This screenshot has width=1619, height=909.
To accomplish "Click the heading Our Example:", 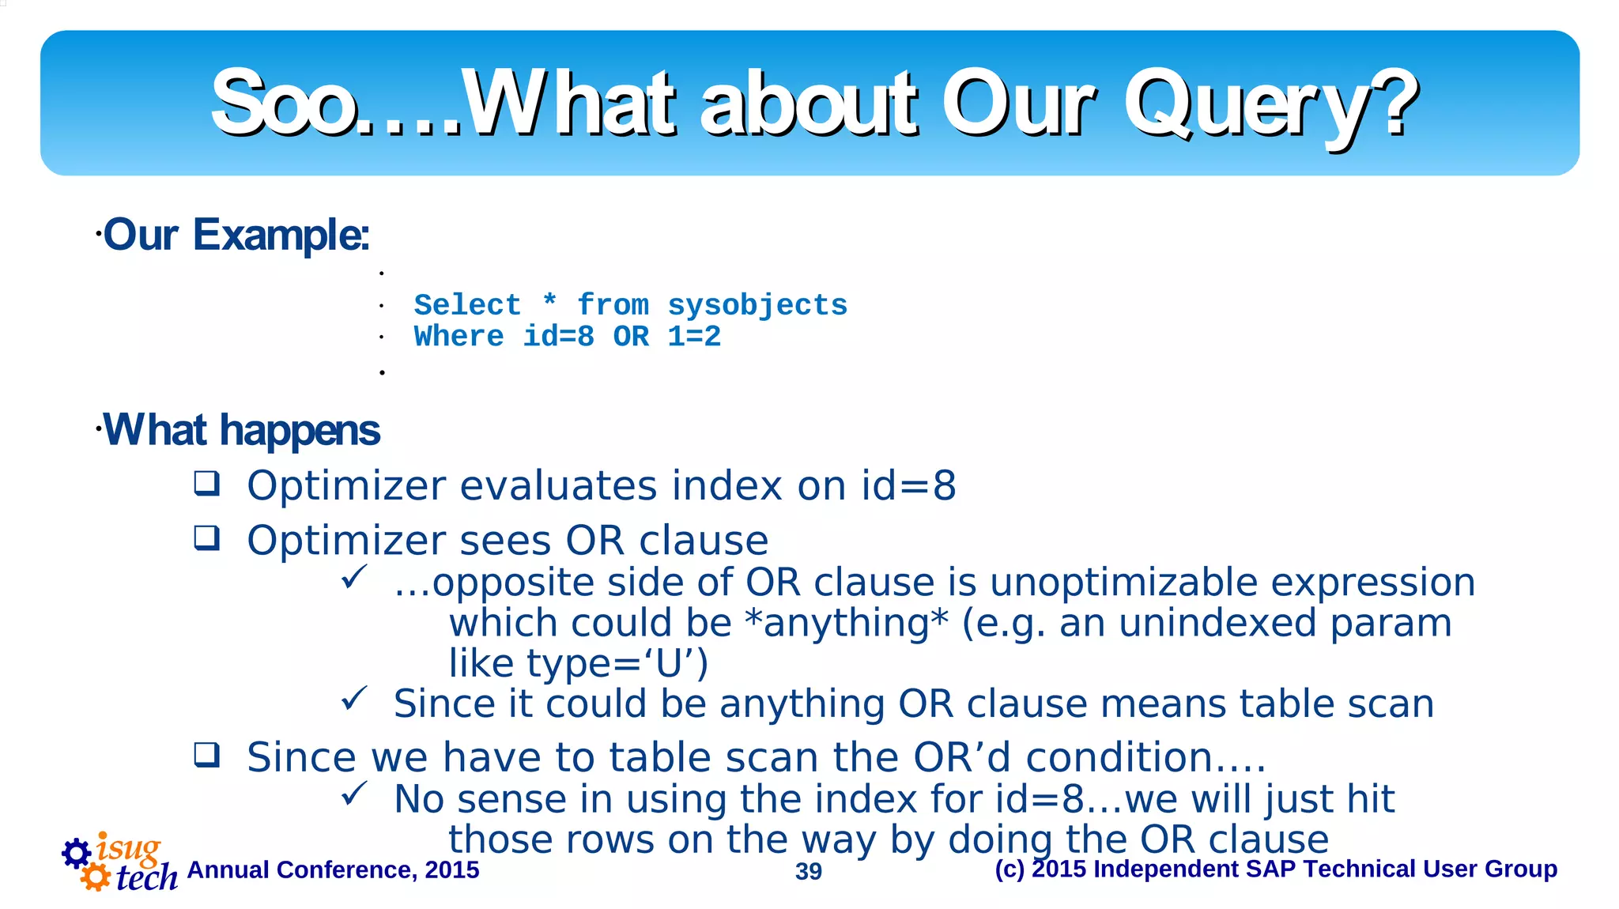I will (236, 235).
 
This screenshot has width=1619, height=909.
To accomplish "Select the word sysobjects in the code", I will (757, 305).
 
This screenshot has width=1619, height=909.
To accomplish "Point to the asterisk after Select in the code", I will (549, 303).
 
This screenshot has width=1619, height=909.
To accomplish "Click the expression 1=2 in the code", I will (693, 337).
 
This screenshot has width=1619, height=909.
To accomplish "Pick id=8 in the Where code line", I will (558, 337).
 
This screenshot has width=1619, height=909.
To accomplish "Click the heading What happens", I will (241, 430).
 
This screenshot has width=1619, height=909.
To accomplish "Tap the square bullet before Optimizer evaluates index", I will (207, 483).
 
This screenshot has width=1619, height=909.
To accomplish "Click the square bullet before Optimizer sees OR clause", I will (207, 538).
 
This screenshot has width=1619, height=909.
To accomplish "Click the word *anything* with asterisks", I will (846, 623).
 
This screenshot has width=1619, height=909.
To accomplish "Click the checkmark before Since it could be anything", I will (354, 698).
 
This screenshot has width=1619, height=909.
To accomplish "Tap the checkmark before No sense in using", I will (354, 794).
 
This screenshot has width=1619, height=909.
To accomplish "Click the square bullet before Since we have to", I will (207, 755).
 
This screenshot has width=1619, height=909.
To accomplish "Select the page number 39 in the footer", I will (808, 871).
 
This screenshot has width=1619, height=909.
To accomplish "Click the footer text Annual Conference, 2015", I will (333, 869).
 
